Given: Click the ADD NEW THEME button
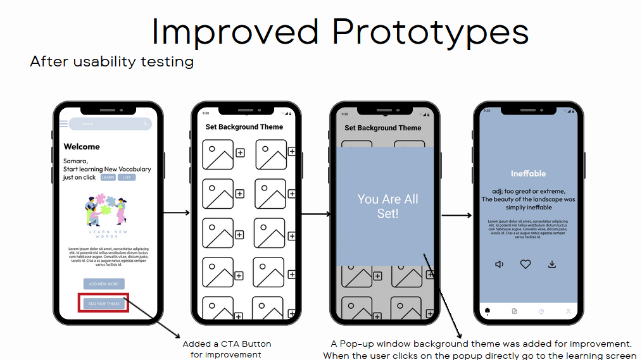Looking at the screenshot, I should [104, 304].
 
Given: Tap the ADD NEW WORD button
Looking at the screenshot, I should [104, 284].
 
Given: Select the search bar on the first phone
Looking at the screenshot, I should [110, 124].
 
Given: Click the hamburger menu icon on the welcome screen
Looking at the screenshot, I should [63, 124].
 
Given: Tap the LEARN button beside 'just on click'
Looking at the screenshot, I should [108, 178].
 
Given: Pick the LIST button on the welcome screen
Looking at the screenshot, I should [127, 178].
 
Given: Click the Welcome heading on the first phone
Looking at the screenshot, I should [82, 147].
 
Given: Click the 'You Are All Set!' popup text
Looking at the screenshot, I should [387, 206].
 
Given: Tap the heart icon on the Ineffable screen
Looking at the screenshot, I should [526, 264].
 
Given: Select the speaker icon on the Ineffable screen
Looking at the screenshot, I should [500, 264].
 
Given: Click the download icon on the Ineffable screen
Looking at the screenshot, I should [552, 264].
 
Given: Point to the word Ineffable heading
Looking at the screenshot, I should [528, 173].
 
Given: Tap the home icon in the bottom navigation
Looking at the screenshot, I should [488, 311].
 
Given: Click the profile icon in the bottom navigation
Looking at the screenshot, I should [569, 311].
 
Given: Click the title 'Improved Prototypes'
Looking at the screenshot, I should [339, 31].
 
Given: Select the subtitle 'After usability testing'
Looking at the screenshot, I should [111, 62].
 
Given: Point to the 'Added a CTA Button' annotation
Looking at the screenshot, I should [227, 344].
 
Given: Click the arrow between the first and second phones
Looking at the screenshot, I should [177, 213].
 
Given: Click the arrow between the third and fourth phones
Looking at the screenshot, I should [456, 216].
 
